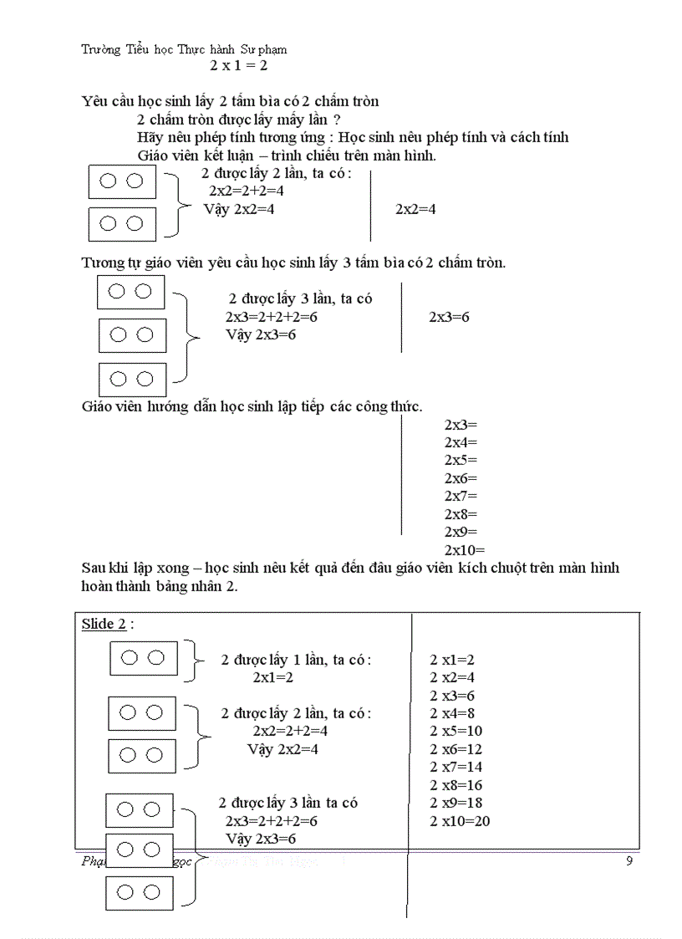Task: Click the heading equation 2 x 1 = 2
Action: (238, 65)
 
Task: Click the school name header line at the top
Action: (184, 49)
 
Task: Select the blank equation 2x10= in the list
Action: (464, 550)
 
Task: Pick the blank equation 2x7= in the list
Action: (461, 496)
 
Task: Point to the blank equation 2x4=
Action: (461, 442)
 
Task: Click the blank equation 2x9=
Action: (461, 532)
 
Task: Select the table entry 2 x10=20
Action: (460, 821)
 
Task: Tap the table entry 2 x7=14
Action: (456, 767)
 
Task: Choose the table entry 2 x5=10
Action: (456, 731)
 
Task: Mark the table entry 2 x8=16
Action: (456, 785)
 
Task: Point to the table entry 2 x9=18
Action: (456, 803)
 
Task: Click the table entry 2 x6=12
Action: (456, 749)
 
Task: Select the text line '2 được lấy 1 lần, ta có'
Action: (296, 660)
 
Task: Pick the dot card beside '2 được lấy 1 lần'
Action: (144, 658)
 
